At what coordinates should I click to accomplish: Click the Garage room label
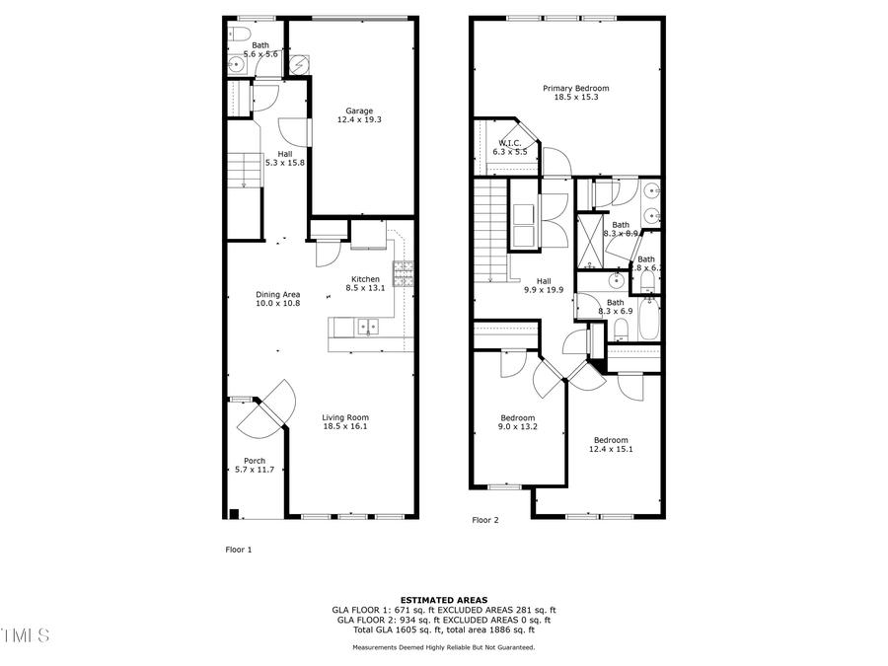[x=359, y=111]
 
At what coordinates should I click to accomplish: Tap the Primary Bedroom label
[x=569, y=89]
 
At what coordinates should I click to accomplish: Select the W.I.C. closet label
[x=510, y=143]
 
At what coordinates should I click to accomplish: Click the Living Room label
[x=345, y=417]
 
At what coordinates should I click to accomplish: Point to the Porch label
[x=255, y=461]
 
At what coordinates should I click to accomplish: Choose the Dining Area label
[x=278, y=294]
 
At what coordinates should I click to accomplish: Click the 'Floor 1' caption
[x=239, y=550]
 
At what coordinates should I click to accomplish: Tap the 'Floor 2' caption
[x=485, y=520]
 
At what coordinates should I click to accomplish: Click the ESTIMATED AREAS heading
[x=443, y=600]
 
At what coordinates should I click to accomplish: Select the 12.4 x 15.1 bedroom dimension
[x=611, y=449]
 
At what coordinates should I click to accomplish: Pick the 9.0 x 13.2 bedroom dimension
[x=518, y=427]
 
